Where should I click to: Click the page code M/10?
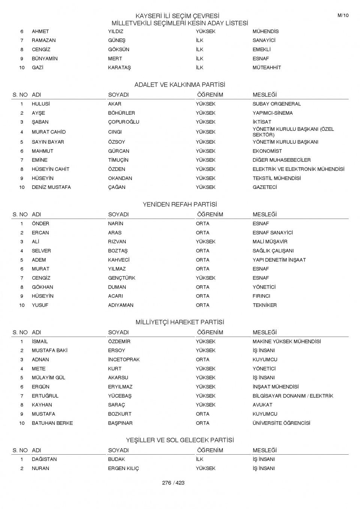pos(343,15)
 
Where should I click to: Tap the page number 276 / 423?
pos(173,483)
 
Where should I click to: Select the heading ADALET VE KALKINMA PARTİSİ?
pos(180,85)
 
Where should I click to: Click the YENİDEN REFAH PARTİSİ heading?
pos(180,205)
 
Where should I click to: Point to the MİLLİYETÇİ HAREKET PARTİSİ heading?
pos(180,322)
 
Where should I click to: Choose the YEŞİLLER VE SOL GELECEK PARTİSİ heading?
pos(180,440)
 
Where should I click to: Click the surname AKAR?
pos(115,104)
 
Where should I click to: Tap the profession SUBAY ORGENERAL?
pos(276,104)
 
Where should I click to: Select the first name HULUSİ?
pos(40,104)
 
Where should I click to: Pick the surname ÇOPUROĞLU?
pos(123,122)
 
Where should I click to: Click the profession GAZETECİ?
pos(265,187)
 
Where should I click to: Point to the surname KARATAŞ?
pos(119,67)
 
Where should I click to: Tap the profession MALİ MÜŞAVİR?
pos(270,242)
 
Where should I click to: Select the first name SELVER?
pos(41,251)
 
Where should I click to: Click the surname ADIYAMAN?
pos(121,305)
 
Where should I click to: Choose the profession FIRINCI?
pos(261,296)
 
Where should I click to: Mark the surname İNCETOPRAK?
pos(124,359)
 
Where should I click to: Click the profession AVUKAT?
pos(262,405)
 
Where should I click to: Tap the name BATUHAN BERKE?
pos(52,423)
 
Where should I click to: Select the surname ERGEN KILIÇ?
pos(123,469)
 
